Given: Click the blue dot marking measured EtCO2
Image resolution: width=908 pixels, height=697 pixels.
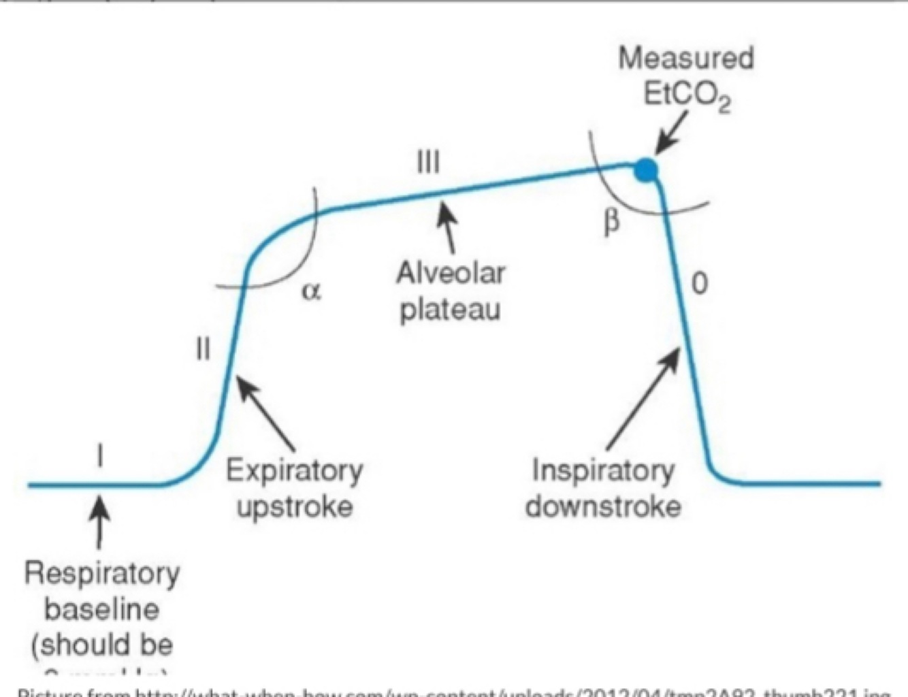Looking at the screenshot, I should click(645, 169).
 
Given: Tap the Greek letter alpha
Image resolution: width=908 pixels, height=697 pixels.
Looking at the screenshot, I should click(310, 291).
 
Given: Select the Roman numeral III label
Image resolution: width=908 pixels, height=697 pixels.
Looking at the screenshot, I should click(427, 163).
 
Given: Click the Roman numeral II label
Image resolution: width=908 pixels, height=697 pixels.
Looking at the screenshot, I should click(203, 349).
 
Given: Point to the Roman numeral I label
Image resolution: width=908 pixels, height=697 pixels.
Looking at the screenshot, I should click(101, 455).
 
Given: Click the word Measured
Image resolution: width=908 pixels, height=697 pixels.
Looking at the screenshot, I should click(686, 58).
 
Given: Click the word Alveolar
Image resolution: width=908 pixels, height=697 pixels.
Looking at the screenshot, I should click(451, 273).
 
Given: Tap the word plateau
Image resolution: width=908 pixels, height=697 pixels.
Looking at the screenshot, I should click(450, 309).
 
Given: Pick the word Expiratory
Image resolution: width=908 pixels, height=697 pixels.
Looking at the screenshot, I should click(294, 470).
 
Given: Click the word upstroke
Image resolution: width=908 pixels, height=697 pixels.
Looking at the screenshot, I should click(294, 506).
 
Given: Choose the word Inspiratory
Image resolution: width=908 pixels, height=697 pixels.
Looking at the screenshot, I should click(603, 470).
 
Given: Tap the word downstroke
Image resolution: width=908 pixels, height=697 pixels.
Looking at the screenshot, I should click(603, 506).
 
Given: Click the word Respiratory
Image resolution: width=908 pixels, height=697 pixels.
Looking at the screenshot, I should click(102, 573).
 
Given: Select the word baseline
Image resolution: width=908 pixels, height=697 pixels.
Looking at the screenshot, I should click(102, 609).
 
